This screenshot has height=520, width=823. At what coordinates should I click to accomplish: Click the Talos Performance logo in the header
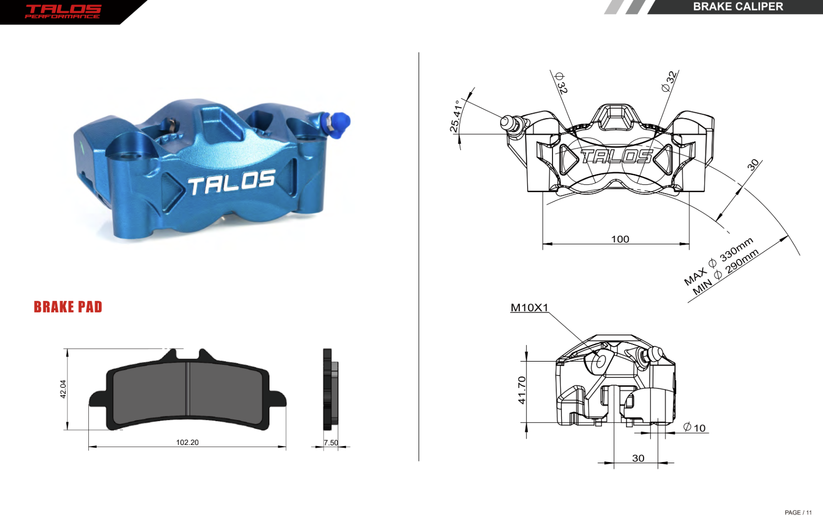[63, 11]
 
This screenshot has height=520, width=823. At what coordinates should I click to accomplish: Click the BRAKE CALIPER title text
[737, 7]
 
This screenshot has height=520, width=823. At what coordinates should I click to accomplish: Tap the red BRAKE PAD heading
[68, 307]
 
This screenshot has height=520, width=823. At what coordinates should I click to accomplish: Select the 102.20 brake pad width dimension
[187, 442]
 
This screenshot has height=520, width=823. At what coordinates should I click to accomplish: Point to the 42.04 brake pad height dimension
[63, 389]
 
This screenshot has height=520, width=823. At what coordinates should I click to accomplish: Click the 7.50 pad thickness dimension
[331, 442]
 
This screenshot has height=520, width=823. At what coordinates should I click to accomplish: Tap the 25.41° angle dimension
[455, 116]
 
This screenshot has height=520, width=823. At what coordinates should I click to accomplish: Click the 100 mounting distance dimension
[620, 239]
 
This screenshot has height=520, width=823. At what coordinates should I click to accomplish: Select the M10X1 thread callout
[529, 307]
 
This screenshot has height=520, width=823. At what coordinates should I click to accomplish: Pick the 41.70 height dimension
[522, 390]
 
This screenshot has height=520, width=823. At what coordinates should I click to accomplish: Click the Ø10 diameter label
[694, 428]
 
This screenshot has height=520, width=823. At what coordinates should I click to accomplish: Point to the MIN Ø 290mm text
[726, 272]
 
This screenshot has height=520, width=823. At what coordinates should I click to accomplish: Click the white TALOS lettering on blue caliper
[231, 183]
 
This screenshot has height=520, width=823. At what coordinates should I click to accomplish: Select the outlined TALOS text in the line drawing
[617, 157]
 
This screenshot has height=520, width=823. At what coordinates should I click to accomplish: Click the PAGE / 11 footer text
[798, 512]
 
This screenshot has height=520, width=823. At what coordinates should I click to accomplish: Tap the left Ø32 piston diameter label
[561, 83]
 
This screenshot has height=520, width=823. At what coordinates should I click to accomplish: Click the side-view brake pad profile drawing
[330, 389]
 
